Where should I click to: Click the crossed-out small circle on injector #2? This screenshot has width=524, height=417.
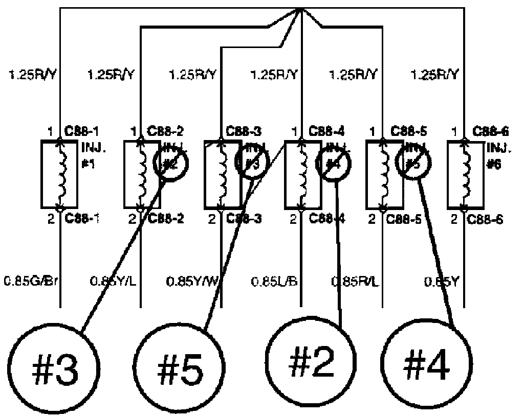(171, 163)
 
